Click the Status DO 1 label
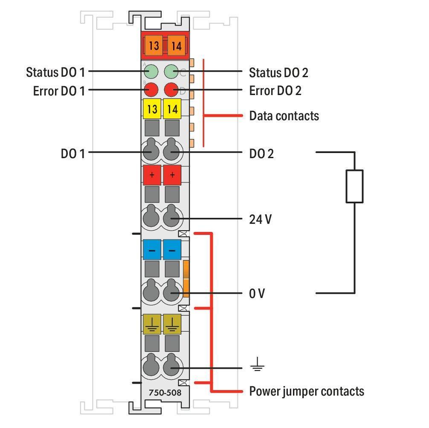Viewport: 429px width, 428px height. coord(55,72)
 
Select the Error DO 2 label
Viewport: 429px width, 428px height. coord(275,90)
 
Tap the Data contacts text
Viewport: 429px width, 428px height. coord(284,116)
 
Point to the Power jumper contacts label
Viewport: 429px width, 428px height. coord(307,391)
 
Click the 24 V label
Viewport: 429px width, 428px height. coord(260,219)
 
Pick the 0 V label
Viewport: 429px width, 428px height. coord(257,293)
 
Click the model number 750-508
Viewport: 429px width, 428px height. coord(165,393)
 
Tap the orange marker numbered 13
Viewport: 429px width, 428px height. coord(154,45)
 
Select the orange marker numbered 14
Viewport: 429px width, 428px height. coord(177,45)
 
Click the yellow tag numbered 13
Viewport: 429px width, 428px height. coord(152,109)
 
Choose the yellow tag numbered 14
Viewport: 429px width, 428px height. coord(172,109)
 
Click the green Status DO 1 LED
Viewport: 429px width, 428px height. coord(151,71)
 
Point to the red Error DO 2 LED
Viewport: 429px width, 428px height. coord(171,90)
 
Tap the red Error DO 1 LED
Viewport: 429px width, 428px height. coord(151,90)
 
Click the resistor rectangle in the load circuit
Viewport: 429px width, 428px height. coord(354,186)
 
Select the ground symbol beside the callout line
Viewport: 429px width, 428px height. coord(257,364)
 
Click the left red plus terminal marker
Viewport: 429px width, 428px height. coord(152,175)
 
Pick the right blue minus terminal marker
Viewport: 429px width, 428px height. coord(172,250)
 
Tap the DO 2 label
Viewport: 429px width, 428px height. coord(261,154)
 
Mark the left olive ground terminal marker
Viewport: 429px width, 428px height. coord(152,324)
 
